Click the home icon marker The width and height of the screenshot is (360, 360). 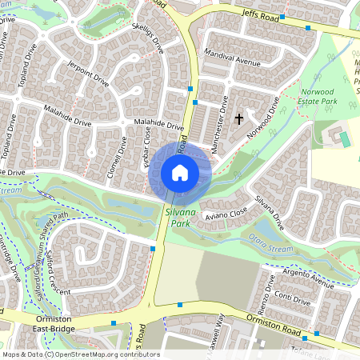point(180,173)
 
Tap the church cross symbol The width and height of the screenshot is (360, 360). point(238,119)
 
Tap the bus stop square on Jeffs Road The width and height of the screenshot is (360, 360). point(308,28)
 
